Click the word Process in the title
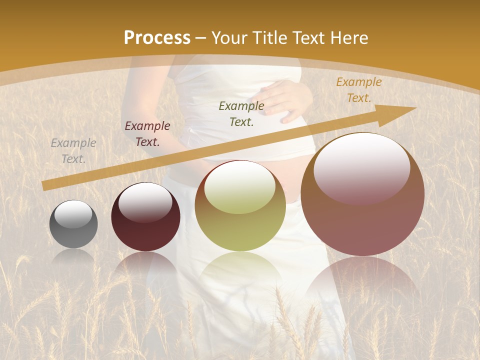click(x=157, y=38)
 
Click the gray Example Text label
click(x=73, y=151)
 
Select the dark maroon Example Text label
click(x=147, y=134)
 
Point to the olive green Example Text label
click(x=241, y=113)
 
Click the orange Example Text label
click(x=359, y=90)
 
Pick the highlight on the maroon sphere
click(x=145, y=201)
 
